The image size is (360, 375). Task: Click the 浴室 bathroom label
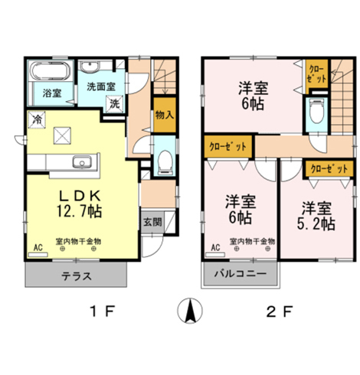click(42, 94)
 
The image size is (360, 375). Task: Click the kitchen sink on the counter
click(81, 161)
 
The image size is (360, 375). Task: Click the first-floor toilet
click(163, 161)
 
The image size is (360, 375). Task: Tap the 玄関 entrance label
click(151, 223)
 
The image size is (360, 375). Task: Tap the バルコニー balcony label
click(239, 273)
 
